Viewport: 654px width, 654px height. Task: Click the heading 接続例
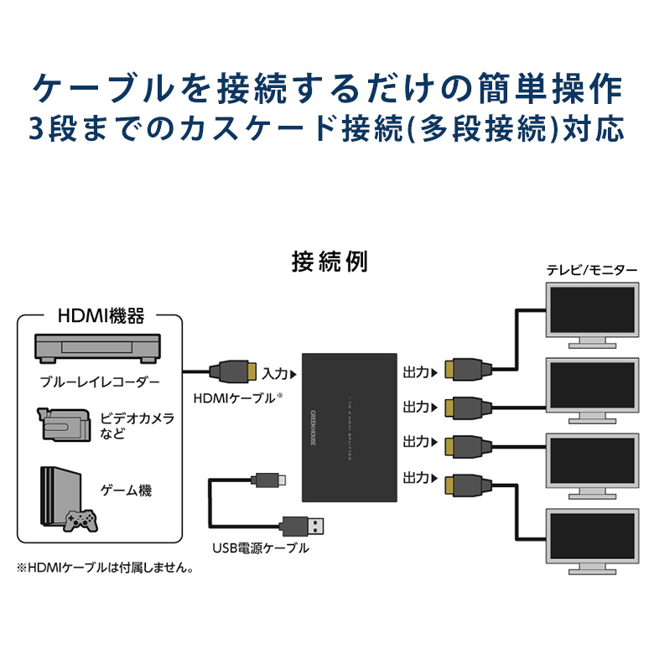coord(329,262)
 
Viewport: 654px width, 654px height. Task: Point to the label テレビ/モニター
coord(592,270)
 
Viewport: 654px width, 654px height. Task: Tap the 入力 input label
coord(275,371)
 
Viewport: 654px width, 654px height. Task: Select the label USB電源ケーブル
coord(260,549)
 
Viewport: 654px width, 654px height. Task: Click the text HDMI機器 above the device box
coord(101,316)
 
